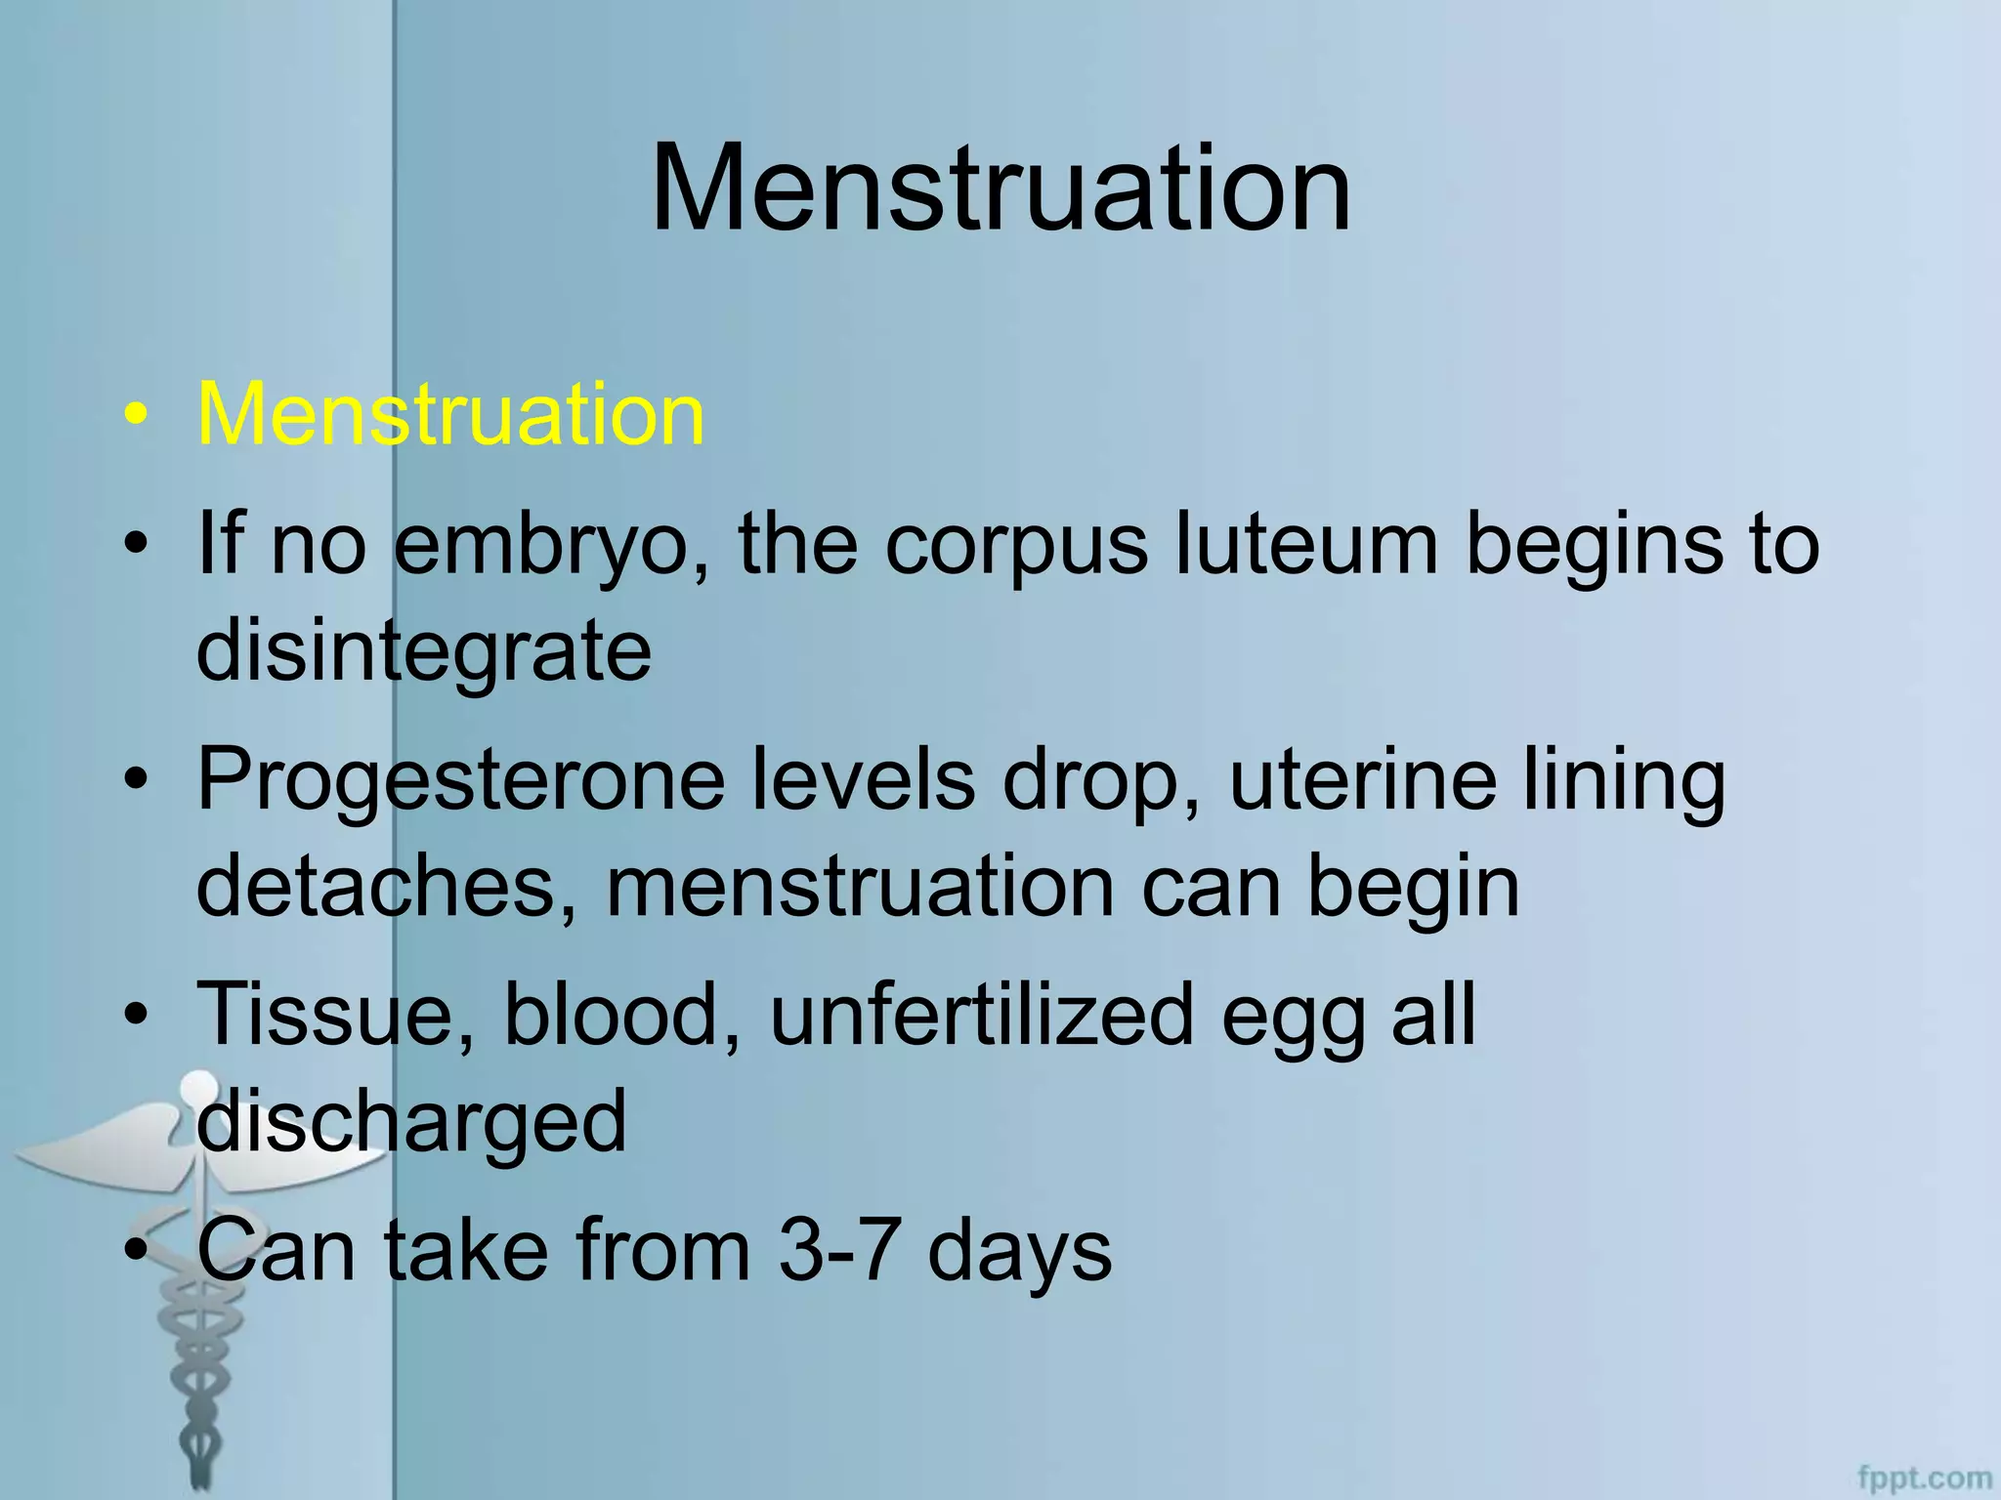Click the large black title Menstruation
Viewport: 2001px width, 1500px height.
[x=1000, y=187]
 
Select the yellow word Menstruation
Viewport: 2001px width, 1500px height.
[x=450, y=414]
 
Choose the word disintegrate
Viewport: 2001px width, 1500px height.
[x=423, y=652]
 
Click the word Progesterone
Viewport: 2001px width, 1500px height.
[x=461, y=781]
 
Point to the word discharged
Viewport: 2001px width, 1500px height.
[x=411, y=1123]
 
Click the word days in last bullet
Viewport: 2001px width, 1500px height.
[x=1019, y=1253]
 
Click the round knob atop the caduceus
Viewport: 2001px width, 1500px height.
[x=199, y=1085]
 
